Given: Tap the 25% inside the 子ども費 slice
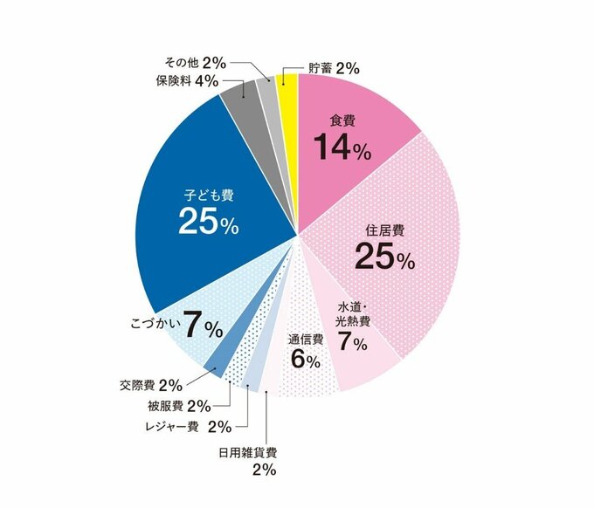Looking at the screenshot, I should [x=208, y=222].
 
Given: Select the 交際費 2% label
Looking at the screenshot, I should [x=150, y=384].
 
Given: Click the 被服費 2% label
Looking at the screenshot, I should [x=179, y=406].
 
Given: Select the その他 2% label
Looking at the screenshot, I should [x=195, y=63].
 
